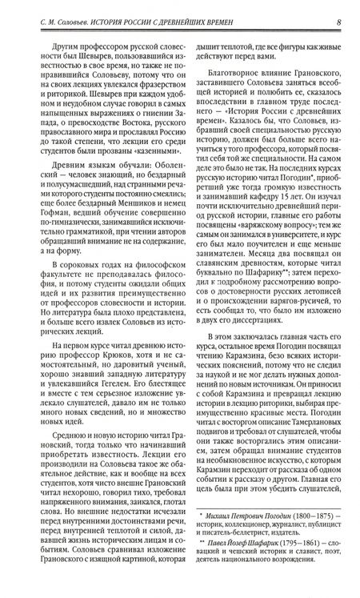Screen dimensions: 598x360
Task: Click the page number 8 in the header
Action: click(340, 10)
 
